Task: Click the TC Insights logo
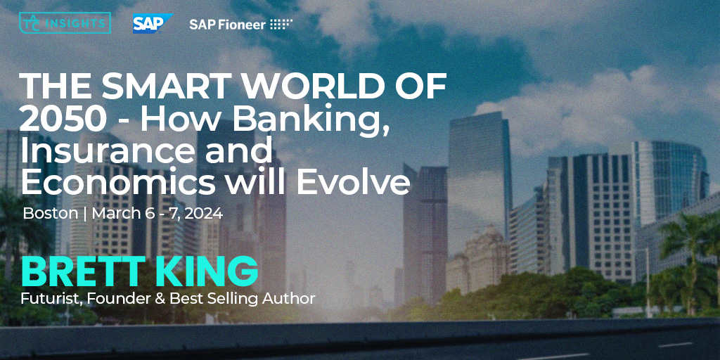click(65, 22)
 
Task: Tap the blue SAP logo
click(153, 23)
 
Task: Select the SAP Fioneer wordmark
click(227, 24)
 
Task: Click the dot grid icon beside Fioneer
click(281, 24)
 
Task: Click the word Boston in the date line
click(50, 213)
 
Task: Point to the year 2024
click(205, 213)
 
